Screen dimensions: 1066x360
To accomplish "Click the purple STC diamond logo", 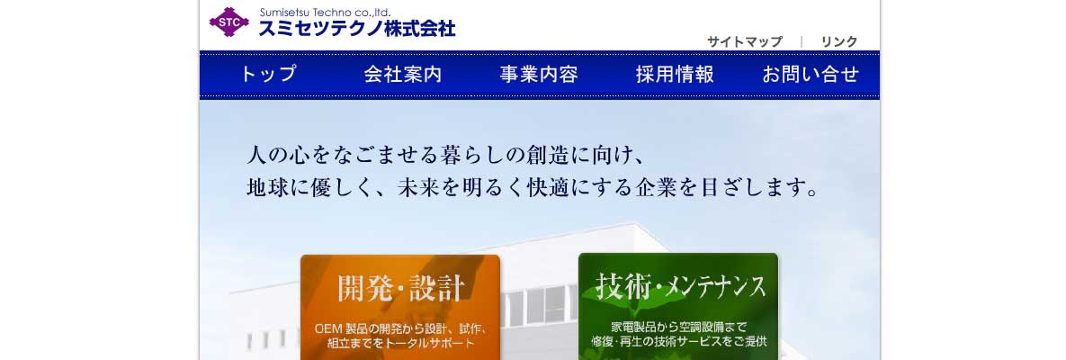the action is tap(229, 22).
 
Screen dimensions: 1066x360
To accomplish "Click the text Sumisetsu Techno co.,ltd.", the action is tap(325, 13).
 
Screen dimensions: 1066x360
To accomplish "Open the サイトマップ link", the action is tap(745, 41).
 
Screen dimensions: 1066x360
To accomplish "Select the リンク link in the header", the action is tap(839, 41).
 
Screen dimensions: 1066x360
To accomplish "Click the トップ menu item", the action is tap(269, 74).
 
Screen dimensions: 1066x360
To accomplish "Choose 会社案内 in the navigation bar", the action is tap(402, 74).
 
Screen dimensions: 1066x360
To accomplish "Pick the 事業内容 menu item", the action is tap(539, 74).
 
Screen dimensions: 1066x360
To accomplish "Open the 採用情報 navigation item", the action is tap(675, 74).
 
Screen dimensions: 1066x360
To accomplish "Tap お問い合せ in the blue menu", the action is tap(811, 74).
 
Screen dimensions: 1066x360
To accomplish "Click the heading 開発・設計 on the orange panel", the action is tap(400, 288).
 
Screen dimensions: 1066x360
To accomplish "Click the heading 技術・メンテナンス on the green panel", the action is tap(680, 286).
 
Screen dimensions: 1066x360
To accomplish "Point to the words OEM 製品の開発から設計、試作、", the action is tap(400, 328).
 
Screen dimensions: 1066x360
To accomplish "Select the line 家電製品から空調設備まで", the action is tap(678, 326).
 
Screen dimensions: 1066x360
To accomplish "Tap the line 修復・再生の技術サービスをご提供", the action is tap(678, 340).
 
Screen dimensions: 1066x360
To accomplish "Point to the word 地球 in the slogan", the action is tap(265, 187).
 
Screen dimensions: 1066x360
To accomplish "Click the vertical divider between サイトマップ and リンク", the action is tap(802, 41).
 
